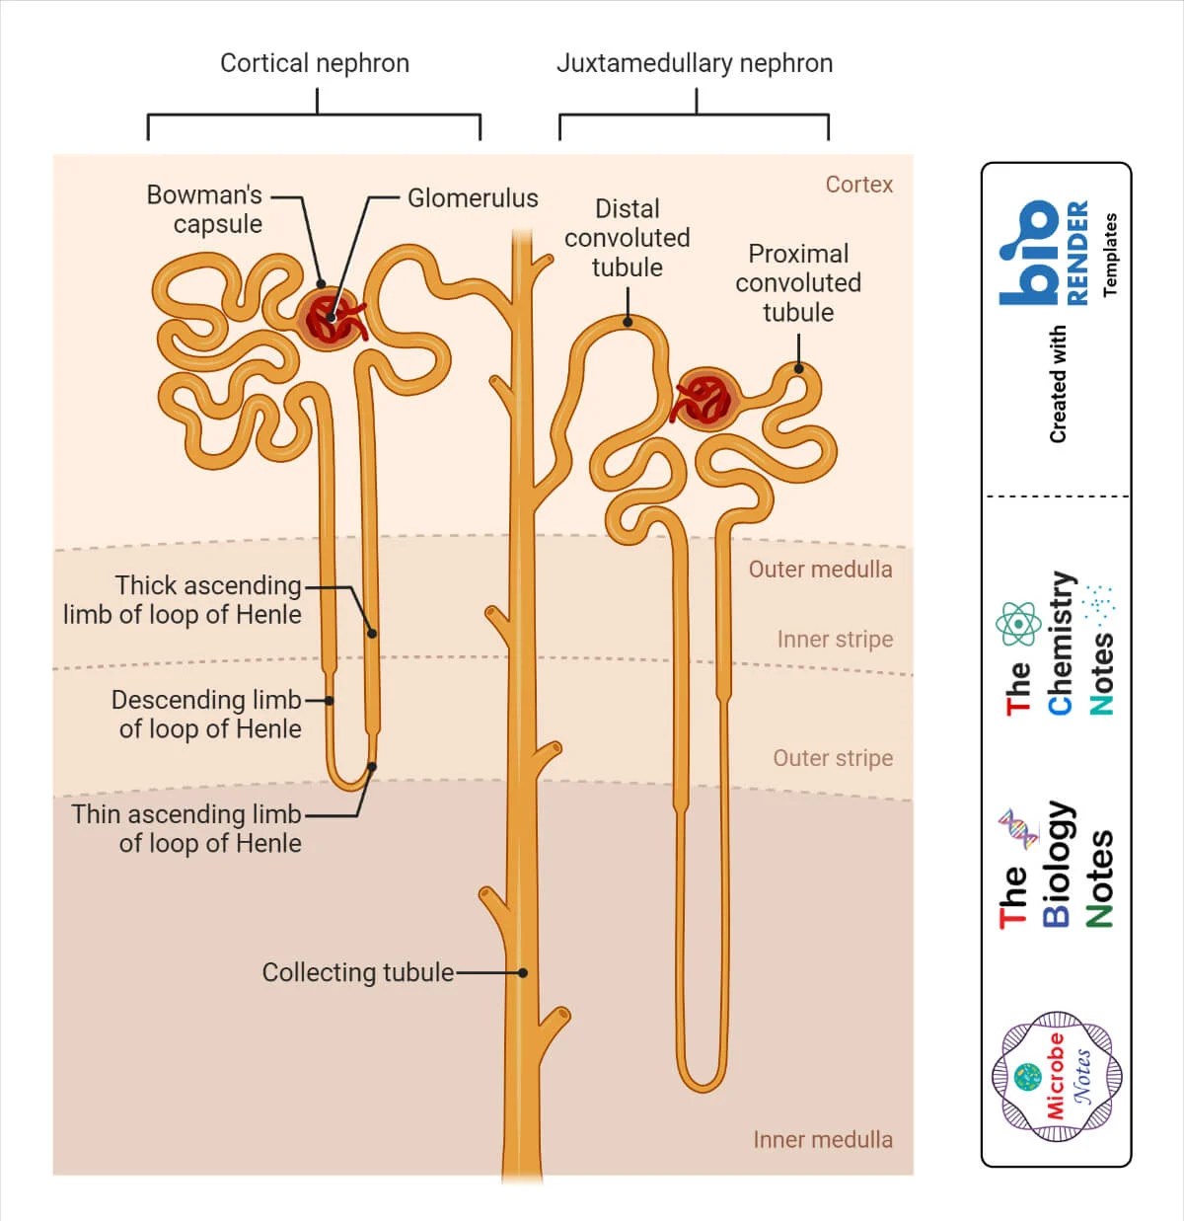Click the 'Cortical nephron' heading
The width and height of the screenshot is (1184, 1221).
click(315, 63)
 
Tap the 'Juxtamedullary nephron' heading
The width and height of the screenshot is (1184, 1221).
click(695, 63)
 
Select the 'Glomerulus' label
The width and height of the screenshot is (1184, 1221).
click(473, 198)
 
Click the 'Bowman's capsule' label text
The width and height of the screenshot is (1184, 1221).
click(204, 209)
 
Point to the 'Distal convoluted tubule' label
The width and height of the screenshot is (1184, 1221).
click(628, 238)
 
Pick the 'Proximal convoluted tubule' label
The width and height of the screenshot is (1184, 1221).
click(798, 283)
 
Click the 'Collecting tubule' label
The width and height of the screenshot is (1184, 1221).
click(358, 972)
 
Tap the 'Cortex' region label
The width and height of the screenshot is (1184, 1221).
click(859, 185)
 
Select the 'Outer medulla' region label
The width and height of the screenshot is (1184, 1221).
click(820, 570)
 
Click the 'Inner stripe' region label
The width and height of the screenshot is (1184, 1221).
click(836, 640)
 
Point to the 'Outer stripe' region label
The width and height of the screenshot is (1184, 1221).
click(833, 758)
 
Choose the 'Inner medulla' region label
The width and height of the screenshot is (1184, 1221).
click(823, 1139)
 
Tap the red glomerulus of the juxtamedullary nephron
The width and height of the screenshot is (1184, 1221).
click(705, 399)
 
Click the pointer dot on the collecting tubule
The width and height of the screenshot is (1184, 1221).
click(522, 972)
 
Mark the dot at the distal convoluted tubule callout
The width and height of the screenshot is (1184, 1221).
click(628, 323)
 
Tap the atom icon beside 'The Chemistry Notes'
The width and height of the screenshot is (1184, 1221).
click(1018, 624)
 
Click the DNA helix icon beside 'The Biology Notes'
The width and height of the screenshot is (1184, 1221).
click(1018, 829)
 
